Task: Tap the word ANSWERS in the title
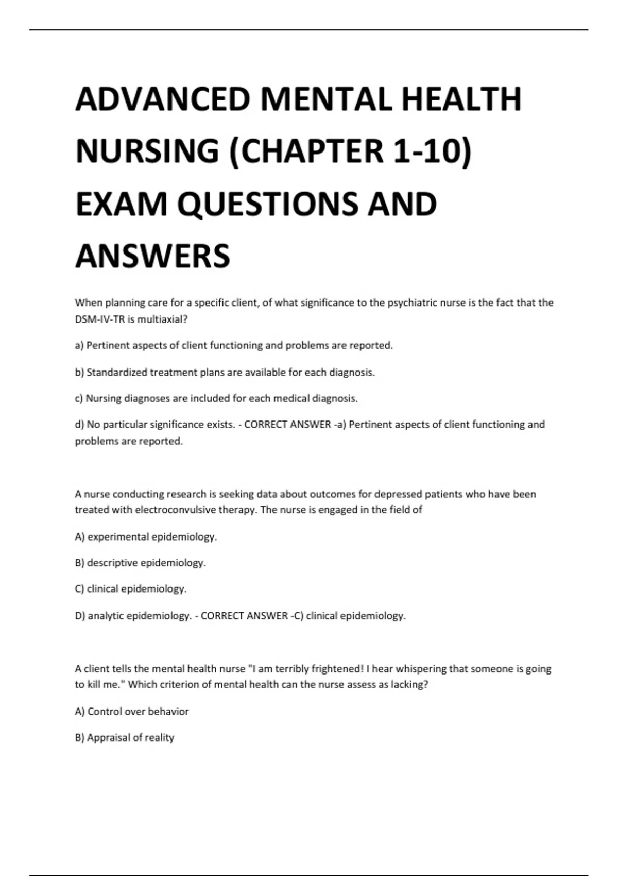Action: (x=152, y=256)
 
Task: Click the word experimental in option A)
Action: (x=118, y=536)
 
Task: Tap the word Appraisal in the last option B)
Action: (x=109, y=737)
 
